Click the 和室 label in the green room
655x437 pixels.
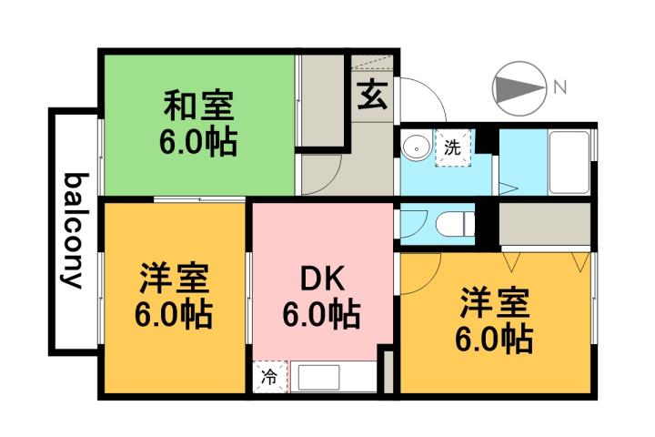pos(199,107)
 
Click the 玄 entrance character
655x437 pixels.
pos(371,95)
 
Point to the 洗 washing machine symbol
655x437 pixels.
pos(453,146)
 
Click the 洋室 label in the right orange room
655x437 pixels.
pos(494,301)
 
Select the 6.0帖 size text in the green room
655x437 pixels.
pos(199,143)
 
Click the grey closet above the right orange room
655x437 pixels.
pos(544,223)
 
